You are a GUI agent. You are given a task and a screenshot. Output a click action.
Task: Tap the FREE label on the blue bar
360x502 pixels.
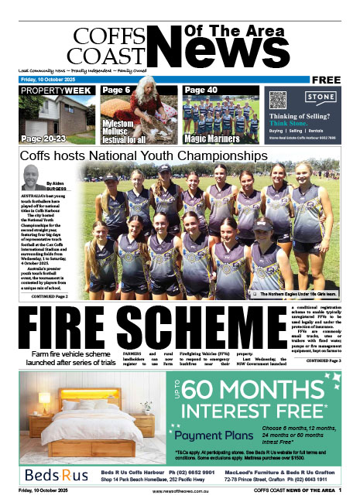(331, 80)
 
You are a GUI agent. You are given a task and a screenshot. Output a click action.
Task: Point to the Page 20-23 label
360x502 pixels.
(44, 139)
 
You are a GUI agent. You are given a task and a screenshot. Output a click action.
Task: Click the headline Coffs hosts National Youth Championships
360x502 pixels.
(144, 155)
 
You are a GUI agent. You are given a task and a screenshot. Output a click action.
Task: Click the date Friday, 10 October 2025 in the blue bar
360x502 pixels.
(41, 80)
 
